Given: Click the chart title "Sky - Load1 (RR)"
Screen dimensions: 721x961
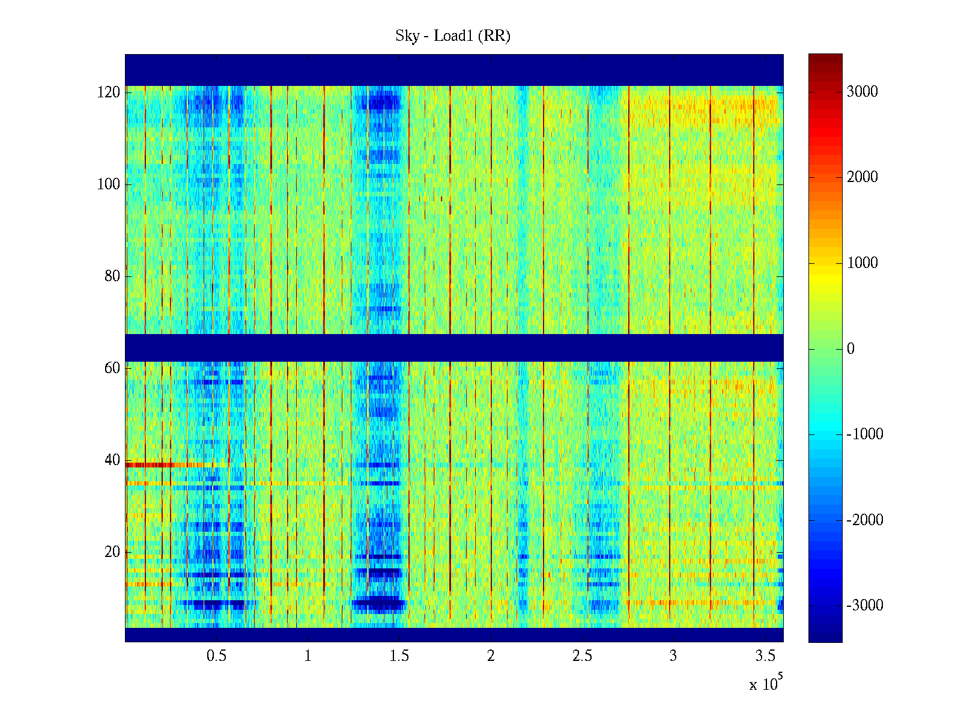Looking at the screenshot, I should [453, 36].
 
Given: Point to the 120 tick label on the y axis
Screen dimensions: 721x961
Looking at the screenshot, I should [109, 93].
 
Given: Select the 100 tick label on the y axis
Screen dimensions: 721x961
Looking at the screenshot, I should [109, 184].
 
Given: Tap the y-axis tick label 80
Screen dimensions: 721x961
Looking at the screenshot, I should [112, 276].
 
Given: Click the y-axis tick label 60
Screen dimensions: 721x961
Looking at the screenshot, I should [112, 368].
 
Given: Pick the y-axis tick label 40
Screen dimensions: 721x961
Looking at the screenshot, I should [112, 460].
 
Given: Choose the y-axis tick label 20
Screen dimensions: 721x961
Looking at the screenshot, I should [112, 552].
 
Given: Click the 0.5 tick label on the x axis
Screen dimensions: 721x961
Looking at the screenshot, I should [216, 656].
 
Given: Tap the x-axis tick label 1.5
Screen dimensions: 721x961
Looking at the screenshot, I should [399, 656].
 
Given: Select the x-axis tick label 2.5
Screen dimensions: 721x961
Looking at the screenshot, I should [582, 656].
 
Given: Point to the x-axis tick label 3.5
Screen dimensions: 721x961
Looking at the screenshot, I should [765, 656].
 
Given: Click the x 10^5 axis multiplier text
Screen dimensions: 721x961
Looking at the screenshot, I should [766, 684].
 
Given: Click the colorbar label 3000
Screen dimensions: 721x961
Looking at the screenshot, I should [862, 91].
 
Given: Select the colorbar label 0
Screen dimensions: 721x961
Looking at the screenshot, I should [850, 349].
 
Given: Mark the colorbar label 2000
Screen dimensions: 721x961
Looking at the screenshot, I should [862, 177].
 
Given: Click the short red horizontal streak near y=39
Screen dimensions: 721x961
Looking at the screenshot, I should [150, 464].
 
